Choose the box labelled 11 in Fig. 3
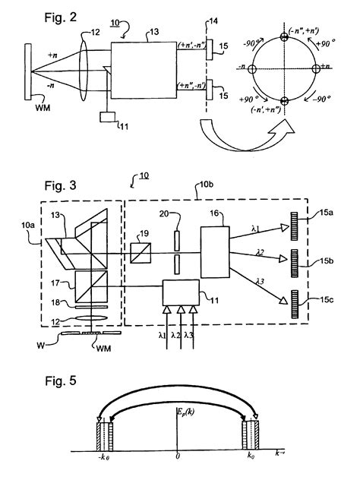pos(180,292)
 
